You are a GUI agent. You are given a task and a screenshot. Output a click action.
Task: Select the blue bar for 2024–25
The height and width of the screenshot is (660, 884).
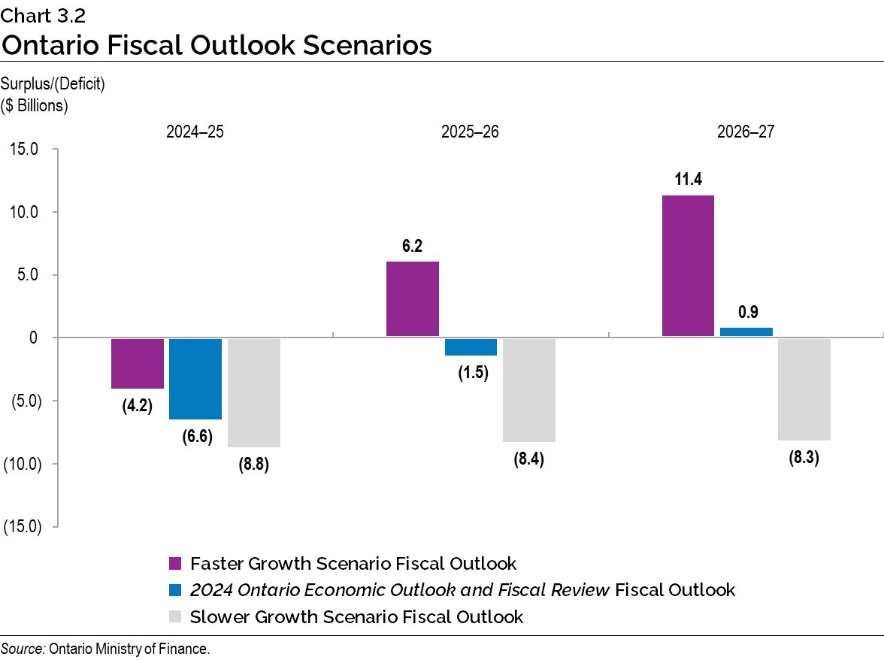tap(195, 378)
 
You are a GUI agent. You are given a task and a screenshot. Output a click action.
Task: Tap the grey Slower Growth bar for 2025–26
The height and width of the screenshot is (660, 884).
tap(529, 389)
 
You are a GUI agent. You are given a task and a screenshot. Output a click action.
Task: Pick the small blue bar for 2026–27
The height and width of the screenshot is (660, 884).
tap(746, 332)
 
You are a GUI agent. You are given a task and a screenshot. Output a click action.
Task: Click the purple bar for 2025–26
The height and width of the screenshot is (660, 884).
tap(413, 298)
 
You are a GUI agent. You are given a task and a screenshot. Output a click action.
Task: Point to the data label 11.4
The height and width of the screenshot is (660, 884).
tap(688, 180)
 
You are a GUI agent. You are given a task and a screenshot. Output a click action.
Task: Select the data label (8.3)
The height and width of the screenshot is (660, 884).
tap(804, 457)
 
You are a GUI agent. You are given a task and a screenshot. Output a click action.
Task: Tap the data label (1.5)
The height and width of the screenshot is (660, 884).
tap(473, 373)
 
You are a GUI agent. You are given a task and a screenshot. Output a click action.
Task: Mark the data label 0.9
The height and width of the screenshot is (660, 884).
tap(748, 311)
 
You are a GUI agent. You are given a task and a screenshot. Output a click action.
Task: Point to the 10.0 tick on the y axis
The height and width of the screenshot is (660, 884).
tap(24, 212)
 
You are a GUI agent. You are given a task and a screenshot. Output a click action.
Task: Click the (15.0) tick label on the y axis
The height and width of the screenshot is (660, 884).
tap(21, 526)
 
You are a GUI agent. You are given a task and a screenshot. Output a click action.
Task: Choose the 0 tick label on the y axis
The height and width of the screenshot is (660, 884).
tap(34, 338)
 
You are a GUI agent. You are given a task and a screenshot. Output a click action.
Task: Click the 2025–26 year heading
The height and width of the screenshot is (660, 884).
tap(470, 132)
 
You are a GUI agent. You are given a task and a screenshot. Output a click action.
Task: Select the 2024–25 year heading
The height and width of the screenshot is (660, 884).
tap(195, 132)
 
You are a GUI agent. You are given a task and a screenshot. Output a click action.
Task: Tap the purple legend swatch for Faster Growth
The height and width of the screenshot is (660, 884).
tap(175, 564)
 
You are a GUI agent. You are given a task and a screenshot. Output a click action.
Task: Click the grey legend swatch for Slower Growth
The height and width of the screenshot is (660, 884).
tap(175, 617)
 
